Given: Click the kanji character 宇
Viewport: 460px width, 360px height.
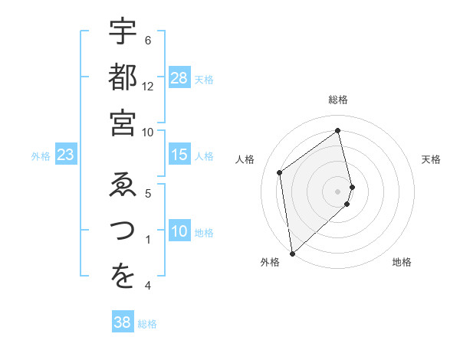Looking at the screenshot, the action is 123,32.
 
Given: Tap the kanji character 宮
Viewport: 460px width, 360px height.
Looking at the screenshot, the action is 123,123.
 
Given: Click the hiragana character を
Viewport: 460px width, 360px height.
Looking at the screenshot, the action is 123,277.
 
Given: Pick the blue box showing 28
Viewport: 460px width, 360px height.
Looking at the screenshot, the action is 179,78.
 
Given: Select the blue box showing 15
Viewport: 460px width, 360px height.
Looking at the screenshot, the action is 179,155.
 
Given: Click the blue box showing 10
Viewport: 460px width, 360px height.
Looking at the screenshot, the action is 179,232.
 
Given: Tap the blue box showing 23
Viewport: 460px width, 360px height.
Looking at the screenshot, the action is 66,155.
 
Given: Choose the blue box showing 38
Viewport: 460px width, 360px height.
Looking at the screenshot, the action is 123,323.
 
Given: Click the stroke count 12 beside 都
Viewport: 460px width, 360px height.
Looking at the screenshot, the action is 148,87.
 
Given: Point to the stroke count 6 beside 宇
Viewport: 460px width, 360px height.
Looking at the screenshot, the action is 148,41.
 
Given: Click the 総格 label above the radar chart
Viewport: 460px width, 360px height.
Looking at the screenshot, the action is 338,100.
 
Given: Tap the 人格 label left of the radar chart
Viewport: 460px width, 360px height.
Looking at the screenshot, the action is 245,159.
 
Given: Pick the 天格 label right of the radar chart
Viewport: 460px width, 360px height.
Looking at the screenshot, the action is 432,159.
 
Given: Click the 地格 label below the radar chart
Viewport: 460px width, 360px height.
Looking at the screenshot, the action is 402,262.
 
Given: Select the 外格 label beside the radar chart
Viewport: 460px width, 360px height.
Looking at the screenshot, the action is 270,262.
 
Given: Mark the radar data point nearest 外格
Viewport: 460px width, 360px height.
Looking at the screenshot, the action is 292,253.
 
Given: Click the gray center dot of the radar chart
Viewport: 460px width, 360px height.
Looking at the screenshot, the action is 338,190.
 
